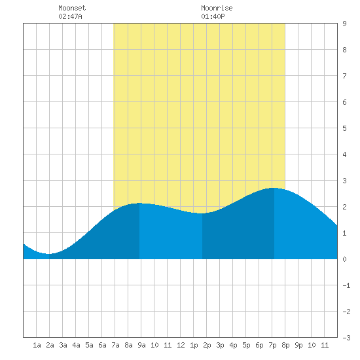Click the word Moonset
click(72, 8)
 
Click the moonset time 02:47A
click(70, 16)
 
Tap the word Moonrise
click(217, 8)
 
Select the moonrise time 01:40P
click(213, 16)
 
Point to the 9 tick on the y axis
click(344, 24)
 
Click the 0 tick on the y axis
click(344, 259)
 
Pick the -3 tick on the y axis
click(346, 338)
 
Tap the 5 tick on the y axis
click(344, 128)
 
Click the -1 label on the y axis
click(346, 285)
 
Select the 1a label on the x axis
click(37, 345)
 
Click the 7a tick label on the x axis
click(115, 345)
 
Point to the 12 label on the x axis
click(181, 345)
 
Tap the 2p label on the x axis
click(207, 345)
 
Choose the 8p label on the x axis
click(285, 345)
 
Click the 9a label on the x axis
click(141, 345)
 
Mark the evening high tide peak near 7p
click(274, 188)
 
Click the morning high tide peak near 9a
click(139, 203)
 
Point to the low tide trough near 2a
click(49, 254)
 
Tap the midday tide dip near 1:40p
click(202, 213)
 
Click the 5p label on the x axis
click(246, 345)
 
